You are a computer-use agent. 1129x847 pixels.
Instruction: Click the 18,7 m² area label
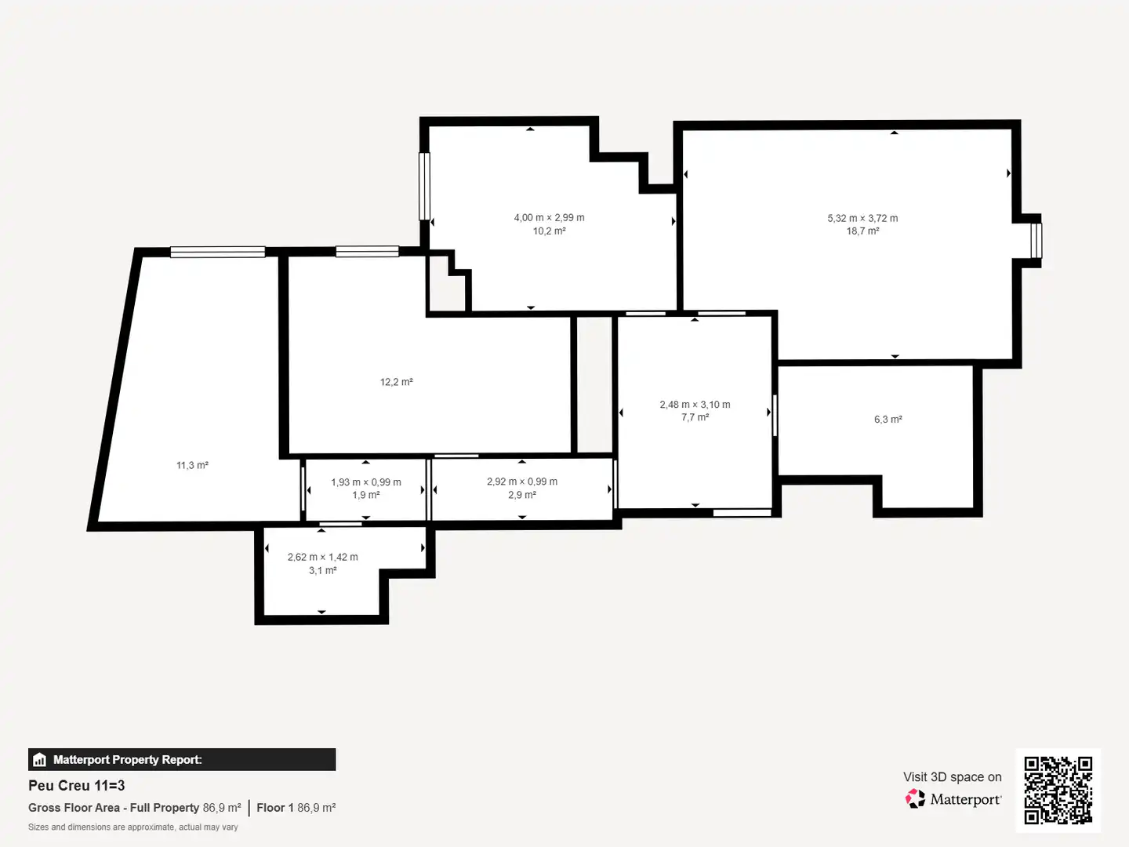tap(862, 231)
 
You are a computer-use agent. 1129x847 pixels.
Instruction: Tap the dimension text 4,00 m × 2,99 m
tap(549, 217)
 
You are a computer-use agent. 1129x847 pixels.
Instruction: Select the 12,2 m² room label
tap(396, 382)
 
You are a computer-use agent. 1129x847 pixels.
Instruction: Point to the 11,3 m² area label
tap(192, 465)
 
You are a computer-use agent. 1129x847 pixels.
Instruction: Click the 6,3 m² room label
tap(888, 420)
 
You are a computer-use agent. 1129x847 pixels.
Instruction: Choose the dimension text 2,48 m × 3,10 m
tap(695, 405)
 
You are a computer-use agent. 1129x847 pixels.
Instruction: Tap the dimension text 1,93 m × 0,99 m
tap(365, 482)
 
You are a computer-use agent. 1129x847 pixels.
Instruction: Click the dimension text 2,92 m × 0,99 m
tap(522, 482)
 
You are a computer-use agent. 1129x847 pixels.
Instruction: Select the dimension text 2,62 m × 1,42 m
tap(322, 557)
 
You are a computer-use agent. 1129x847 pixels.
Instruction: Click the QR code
tap(1058, 790)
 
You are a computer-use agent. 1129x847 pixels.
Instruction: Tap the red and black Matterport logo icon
tap(915, 798)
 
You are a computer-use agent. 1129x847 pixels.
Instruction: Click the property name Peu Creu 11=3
tap(77, 786)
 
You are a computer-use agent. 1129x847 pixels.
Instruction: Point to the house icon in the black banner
tap(40, 760)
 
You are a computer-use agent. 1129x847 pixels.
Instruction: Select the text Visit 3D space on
tap(952, 777)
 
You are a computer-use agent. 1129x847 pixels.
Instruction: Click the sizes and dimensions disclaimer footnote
tap(133, 827)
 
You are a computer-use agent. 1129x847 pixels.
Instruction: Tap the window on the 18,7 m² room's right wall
tap(1036, 240)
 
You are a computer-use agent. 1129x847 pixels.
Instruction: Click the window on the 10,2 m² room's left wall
tap(424, 186)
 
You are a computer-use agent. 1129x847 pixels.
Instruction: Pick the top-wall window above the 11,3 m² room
tap(218, 252)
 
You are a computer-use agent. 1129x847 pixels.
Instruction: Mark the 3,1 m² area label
tap(322, 570)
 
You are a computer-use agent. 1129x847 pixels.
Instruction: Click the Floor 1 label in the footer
tap(275, 808)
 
